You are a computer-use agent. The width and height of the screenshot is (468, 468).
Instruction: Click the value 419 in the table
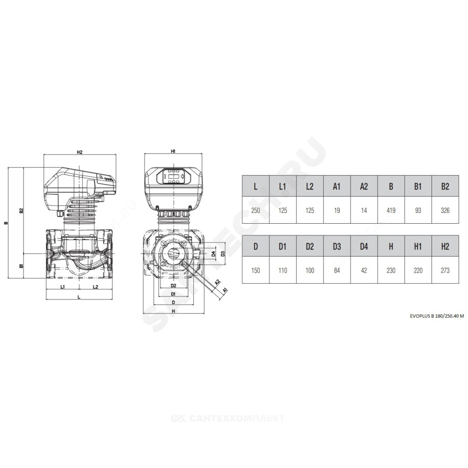pos(391,211)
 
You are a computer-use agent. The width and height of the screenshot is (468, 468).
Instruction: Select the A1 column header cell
pos(337,186)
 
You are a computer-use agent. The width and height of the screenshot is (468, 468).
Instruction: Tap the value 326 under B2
pos(445,211)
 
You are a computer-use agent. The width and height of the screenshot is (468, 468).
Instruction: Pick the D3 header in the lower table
pos(337,246)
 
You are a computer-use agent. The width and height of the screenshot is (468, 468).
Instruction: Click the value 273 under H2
pos(445,271)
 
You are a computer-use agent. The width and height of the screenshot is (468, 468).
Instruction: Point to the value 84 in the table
pos(337,271)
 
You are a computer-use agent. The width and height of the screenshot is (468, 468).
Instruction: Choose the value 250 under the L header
pos(256,211)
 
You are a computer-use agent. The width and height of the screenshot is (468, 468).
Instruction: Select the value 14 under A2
pos(364,211)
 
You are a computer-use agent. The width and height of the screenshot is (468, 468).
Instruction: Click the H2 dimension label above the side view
pos(80,152)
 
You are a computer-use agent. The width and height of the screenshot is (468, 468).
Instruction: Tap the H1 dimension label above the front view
pos(173,151)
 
